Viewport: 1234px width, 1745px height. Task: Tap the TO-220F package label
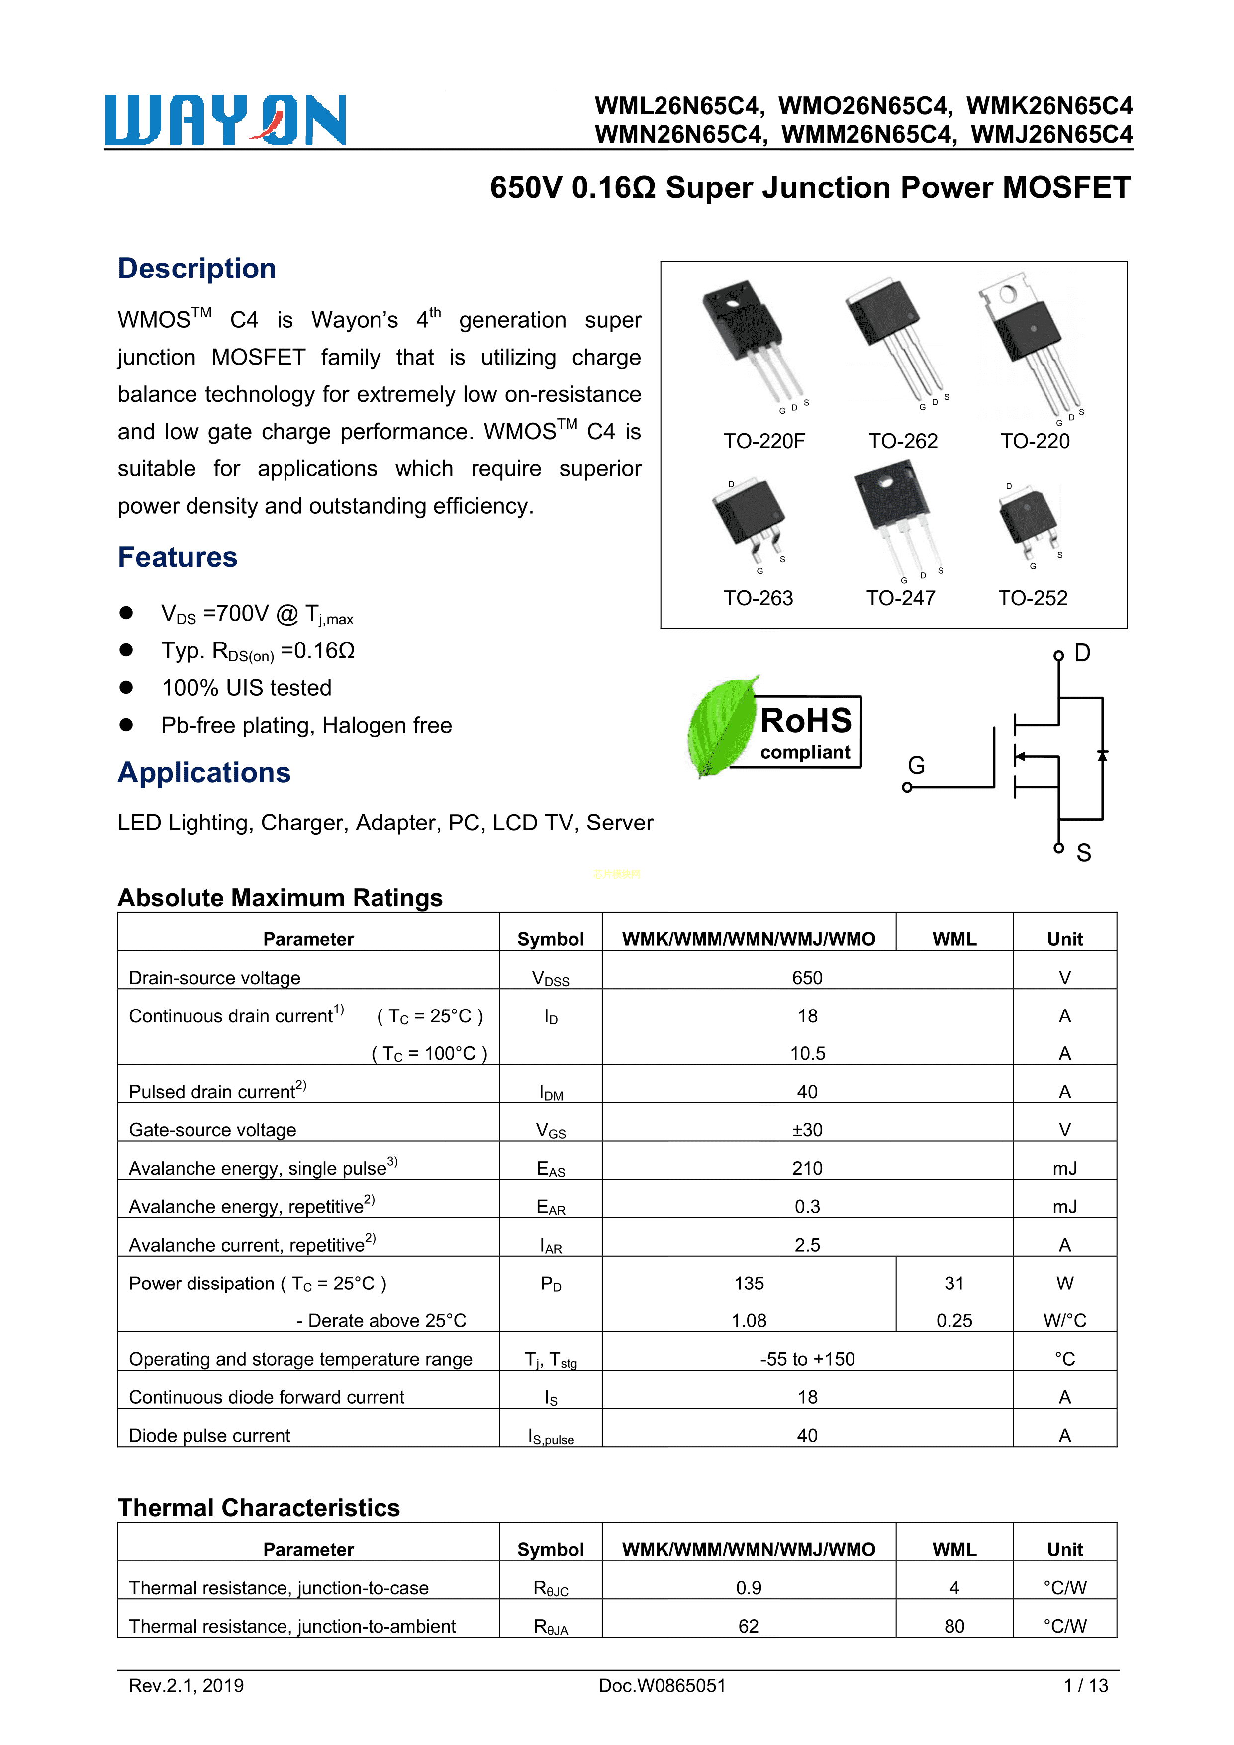pos(763,441)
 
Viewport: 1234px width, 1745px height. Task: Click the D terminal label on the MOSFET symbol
pos(1082,653)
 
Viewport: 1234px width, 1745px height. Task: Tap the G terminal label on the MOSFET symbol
pos(916,765)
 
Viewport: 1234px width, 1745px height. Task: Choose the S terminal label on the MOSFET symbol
pos(1083,853)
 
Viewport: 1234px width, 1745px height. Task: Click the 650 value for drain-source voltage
pos(807,977)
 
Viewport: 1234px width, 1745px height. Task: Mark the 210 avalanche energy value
pos(807,1168)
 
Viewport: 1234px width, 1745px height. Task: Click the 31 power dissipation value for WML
pos(953,1284)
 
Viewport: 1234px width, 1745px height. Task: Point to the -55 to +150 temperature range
pos(807,1359)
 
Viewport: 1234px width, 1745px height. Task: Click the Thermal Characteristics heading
pos(259,1508)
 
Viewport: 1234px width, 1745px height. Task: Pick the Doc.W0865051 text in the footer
pos(662,1686)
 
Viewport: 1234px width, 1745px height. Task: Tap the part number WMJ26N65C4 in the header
pos(1051,135)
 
